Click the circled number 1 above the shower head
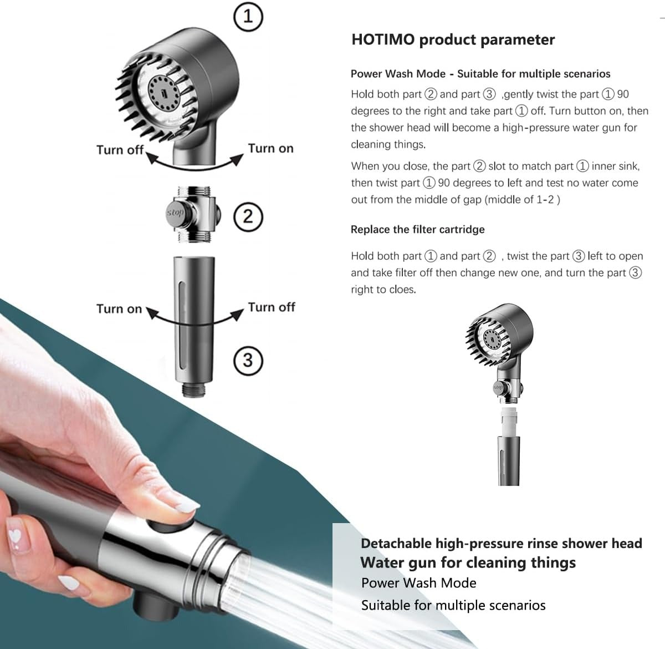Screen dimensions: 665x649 [248, 17]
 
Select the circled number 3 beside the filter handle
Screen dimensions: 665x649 [248, 361]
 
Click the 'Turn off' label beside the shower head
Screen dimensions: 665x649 [120, 150]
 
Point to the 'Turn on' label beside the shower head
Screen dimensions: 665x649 [270, 149]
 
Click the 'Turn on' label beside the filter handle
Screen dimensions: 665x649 [119, 309]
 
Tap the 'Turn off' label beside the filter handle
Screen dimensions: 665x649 [272, 307]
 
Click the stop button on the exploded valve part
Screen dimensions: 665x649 [176, 213]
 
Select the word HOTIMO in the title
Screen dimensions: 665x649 [383, 40]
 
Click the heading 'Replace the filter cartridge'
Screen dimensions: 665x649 [418, 229]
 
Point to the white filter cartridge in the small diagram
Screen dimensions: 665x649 [509, 422]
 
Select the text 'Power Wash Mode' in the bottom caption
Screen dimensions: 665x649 [418, 583]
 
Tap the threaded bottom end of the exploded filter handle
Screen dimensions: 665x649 [193, 389]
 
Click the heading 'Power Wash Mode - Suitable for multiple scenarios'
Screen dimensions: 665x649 [480, 74]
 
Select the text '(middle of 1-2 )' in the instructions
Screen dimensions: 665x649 [522, 200]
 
